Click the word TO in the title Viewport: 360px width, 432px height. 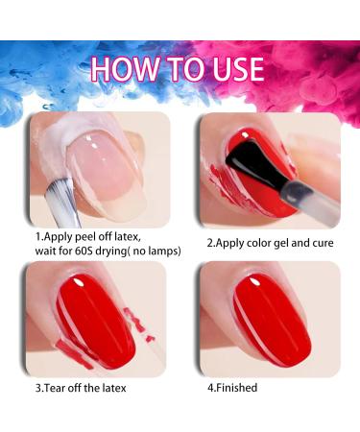pyautogui.click(x=179, y=70)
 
